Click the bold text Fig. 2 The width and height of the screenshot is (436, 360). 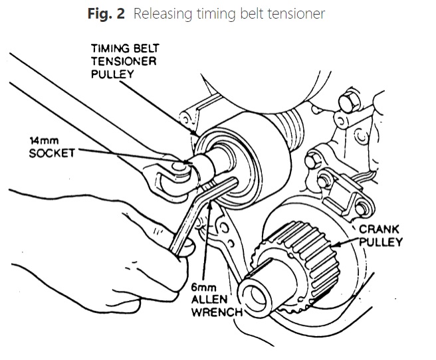click(x=106, y=14)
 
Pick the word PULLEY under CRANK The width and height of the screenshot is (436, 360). click(x=381, y=241)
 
